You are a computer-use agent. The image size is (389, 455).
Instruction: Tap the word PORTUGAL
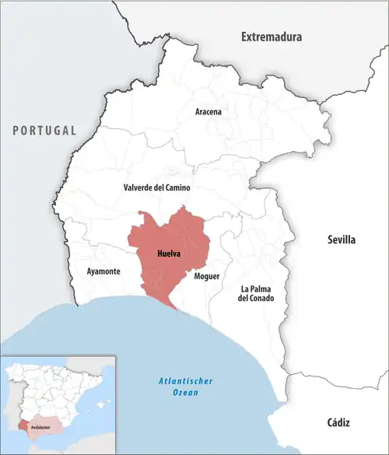click(x=44, y=130)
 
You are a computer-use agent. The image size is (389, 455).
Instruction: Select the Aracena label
click(x=208, y=112)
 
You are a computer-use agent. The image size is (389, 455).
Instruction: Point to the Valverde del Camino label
click(x=157, y=188)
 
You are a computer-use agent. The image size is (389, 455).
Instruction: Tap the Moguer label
click(x=207, y=276)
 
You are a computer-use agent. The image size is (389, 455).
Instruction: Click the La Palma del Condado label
click(x=257, y=293)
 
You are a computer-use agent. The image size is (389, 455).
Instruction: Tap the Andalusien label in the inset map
click(x=40, y=427)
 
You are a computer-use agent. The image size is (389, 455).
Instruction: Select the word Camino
click(x=176, y=188)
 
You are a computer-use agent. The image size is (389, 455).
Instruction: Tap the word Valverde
click(x=138, y=188)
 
